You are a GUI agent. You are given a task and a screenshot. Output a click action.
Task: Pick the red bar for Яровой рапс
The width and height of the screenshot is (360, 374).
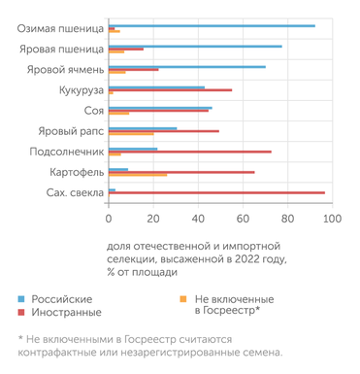164,130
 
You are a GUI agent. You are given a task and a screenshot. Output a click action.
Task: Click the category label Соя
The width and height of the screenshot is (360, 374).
94,110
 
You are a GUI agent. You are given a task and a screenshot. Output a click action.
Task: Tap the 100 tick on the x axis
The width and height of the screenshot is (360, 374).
332,219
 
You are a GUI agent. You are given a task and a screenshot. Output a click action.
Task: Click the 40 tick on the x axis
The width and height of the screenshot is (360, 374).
198,219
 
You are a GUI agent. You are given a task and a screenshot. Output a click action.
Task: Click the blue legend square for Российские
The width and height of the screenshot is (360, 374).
22,299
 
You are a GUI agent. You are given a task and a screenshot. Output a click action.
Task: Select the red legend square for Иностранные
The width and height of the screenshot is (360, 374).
22,312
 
